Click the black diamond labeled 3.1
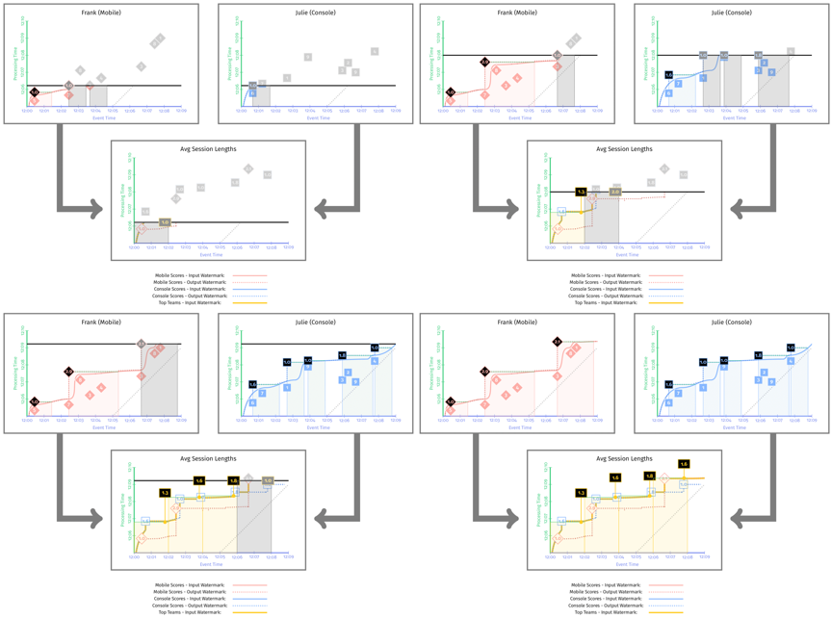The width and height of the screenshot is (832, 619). (x=558, y=342)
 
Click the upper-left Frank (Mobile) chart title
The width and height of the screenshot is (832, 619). (x=101, y=13)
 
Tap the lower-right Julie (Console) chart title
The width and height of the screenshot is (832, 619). (x=731, y=322)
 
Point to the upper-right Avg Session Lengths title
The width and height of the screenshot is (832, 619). (x=624, y=149)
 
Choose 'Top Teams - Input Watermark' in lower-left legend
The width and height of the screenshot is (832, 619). (x=190, y=612)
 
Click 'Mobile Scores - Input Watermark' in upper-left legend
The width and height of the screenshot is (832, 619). (x=190, y=275)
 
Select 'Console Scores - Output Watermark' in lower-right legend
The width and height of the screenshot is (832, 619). (x=606, y=606)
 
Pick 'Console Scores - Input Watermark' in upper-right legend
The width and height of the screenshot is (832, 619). (x=606, y=289)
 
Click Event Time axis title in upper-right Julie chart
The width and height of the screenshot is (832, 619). (x=734, y=118)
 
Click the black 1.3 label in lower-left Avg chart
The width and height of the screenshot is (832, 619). (x=166, y=493)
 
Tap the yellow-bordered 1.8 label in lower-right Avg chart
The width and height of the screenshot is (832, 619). (x=650, y=477)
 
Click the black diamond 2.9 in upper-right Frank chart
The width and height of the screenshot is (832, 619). (x=485, y=63)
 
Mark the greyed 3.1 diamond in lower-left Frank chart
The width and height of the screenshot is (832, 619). (x=142, y=344)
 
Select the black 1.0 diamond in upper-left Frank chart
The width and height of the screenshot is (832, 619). (x=35, y=92)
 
